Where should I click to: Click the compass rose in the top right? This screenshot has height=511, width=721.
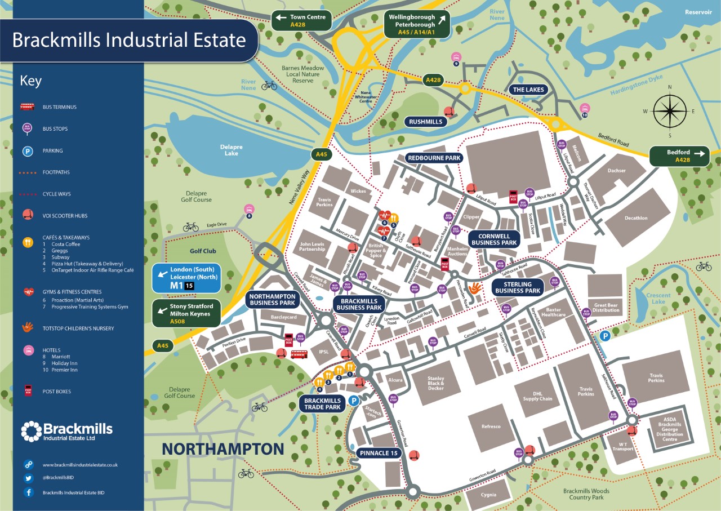pos(670,111)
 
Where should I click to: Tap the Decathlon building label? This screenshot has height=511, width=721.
pos(635,218)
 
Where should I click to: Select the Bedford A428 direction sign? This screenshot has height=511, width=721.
pos(679,156)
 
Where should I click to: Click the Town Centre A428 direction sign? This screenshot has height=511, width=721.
pos(301,21)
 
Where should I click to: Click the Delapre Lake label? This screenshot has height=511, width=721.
pos(232,150)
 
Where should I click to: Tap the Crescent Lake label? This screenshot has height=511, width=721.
pos(658,299)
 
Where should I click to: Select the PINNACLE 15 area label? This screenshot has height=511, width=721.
pos(381,452)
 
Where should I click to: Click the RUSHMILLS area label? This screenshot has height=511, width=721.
pos(426,122)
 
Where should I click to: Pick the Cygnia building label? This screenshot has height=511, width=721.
pos(489,495)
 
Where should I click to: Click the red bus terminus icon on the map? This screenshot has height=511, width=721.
pos(299,354)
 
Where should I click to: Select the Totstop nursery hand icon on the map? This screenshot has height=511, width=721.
pos(475,288)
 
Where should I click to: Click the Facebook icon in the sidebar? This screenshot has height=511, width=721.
pos(28,492)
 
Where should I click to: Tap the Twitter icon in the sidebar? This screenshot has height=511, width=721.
pos(28,478)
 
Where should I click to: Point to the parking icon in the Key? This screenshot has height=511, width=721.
pos(27,151)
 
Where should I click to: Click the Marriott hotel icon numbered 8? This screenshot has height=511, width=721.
pos(248,210)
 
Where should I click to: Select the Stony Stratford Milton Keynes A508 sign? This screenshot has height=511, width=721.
pos(186,313)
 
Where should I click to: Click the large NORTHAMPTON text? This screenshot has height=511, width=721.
pos(223,449)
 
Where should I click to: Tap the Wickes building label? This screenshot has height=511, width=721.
pos(358,191)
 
